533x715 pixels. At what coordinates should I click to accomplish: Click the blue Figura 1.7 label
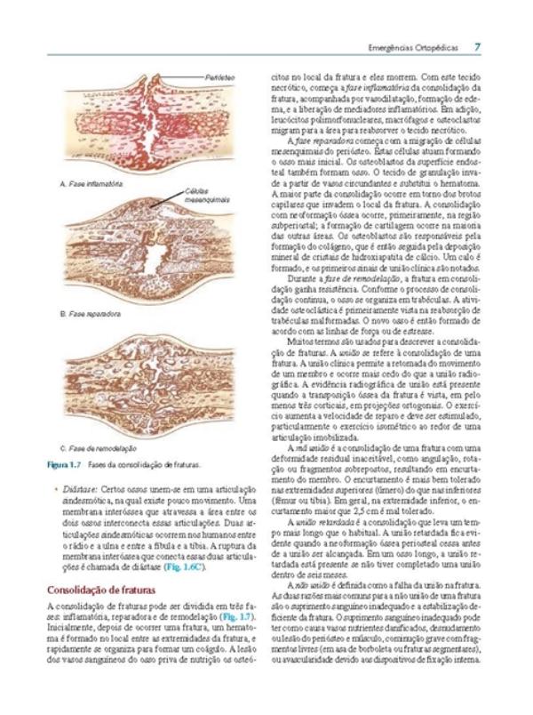64,465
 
